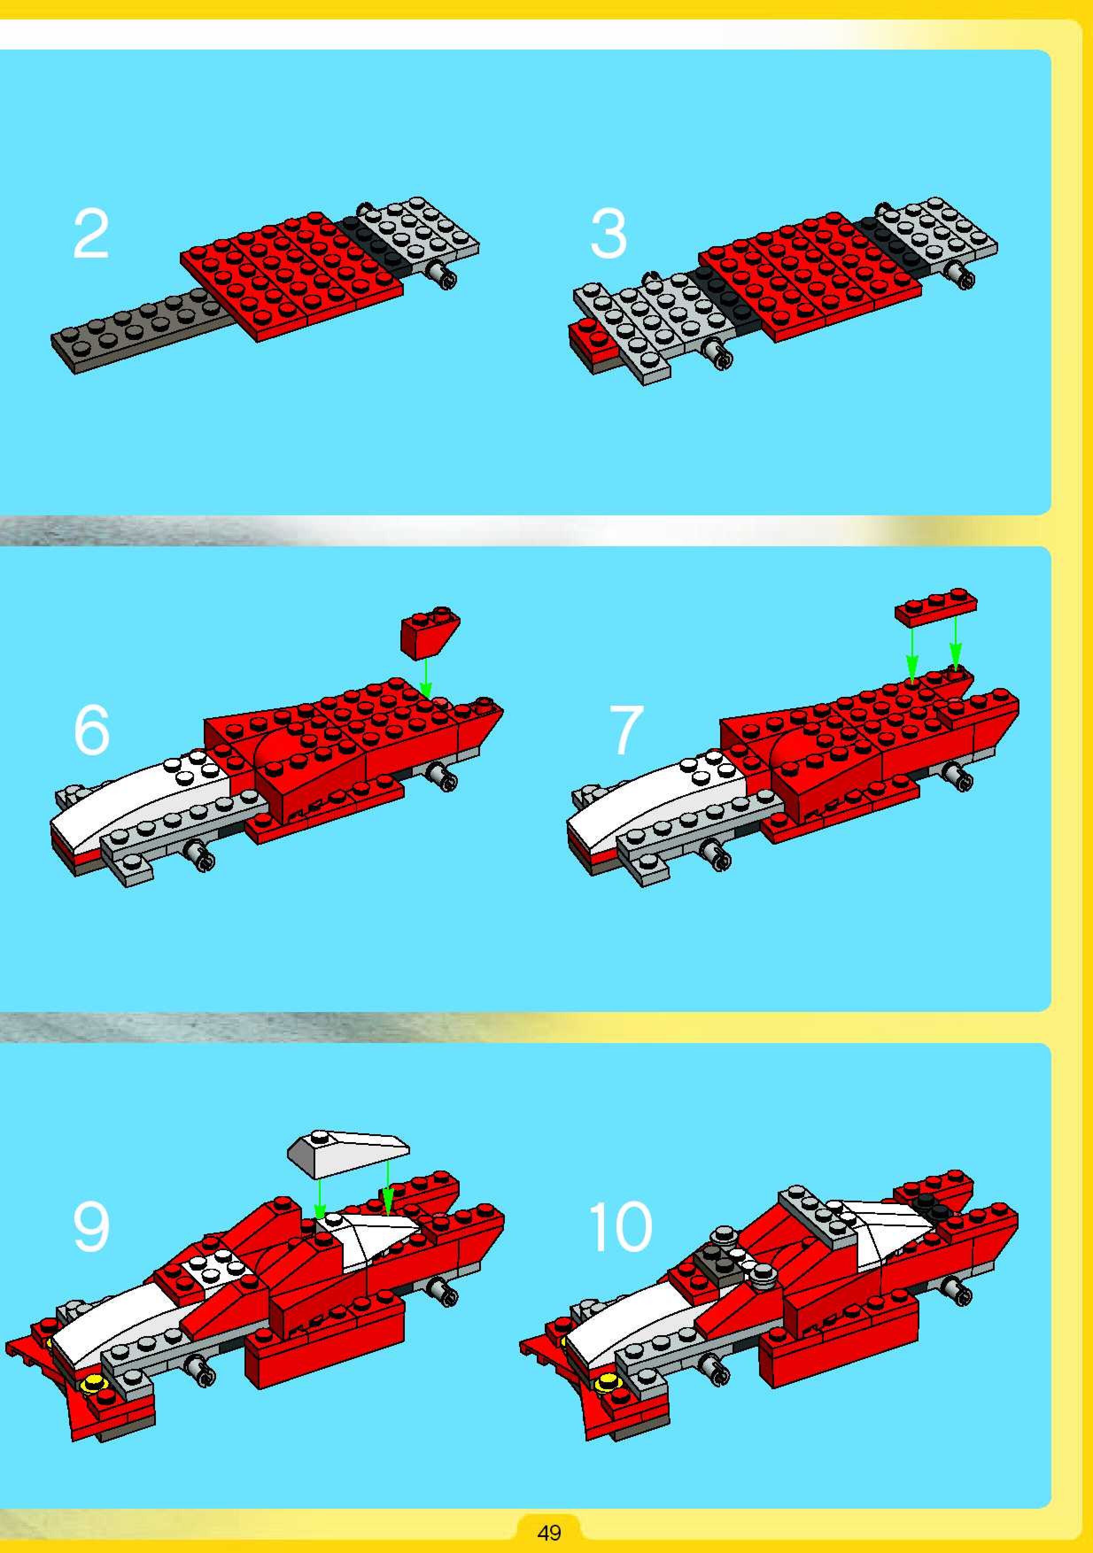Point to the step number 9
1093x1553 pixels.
(x=91, y=1226)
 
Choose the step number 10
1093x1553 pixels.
(x=620, y=1226)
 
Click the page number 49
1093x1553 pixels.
(x=549, y=1531)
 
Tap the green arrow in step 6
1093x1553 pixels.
(x=426, y=677)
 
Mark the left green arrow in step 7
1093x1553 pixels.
(x=911, y=653)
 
